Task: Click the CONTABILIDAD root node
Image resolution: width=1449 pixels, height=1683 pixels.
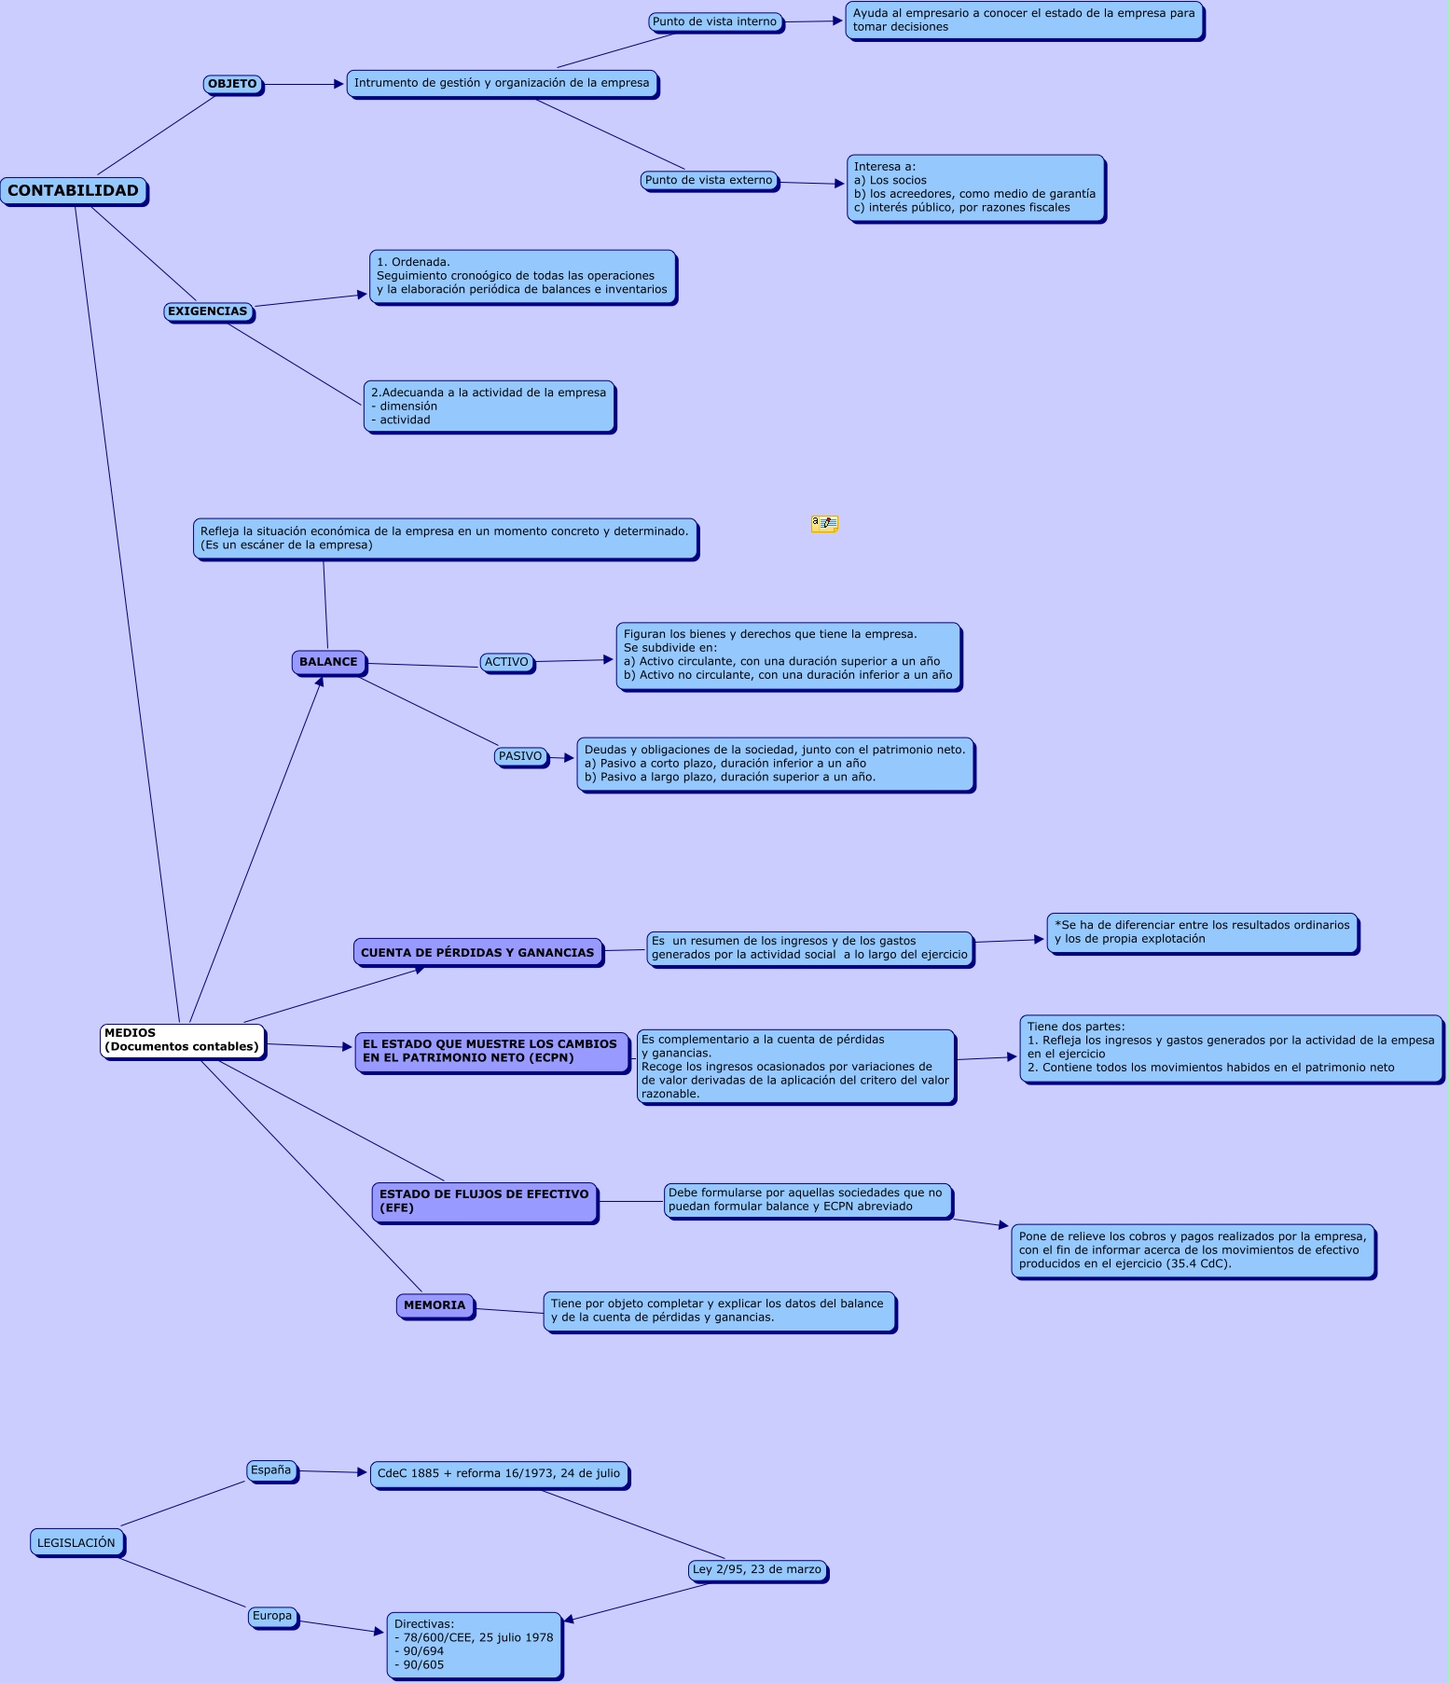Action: click(74, 191)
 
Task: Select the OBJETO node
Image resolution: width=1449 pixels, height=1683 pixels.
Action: click(232, 84)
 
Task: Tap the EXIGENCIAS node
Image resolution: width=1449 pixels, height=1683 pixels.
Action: click(208, 311)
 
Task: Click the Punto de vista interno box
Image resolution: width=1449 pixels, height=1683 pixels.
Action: click(714, 21)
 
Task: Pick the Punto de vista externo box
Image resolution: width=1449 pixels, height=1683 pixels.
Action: click(709, 180)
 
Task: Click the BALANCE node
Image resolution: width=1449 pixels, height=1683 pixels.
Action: click(328, 662)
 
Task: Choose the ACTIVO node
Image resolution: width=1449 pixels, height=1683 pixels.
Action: click(506, 662)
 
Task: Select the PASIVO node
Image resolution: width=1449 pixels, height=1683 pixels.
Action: click(520, 756)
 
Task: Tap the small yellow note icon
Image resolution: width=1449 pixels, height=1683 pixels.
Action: click(824, 524)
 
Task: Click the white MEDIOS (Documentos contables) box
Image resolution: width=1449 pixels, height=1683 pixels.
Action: click(182, 1040)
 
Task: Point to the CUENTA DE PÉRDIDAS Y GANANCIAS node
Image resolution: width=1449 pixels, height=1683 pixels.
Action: click(477, 952)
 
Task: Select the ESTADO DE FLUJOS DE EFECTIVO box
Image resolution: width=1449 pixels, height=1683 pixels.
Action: click(484, 1201)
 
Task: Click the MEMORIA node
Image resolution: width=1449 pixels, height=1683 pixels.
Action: click(435, 1305)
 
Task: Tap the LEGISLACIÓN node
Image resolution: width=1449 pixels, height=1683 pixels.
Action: click(76, 1543)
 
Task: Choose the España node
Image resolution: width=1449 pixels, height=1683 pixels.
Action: click(271, 1470)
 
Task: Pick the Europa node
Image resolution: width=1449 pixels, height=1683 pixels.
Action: click(272, 1616)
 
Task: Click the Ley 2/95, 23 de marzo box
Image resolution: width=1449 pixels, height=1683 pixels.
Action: click(757, 1569)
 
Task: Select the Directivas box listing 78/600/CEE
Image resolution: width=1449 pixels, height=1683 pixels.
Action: click(474, 1645)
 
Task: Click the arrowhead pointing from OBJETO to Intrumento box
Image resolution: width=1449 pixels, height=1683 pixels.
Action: click(339, 84)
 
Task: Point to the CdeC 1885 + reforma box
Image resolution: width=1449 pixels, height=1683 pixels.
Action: click(499, 1474)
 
